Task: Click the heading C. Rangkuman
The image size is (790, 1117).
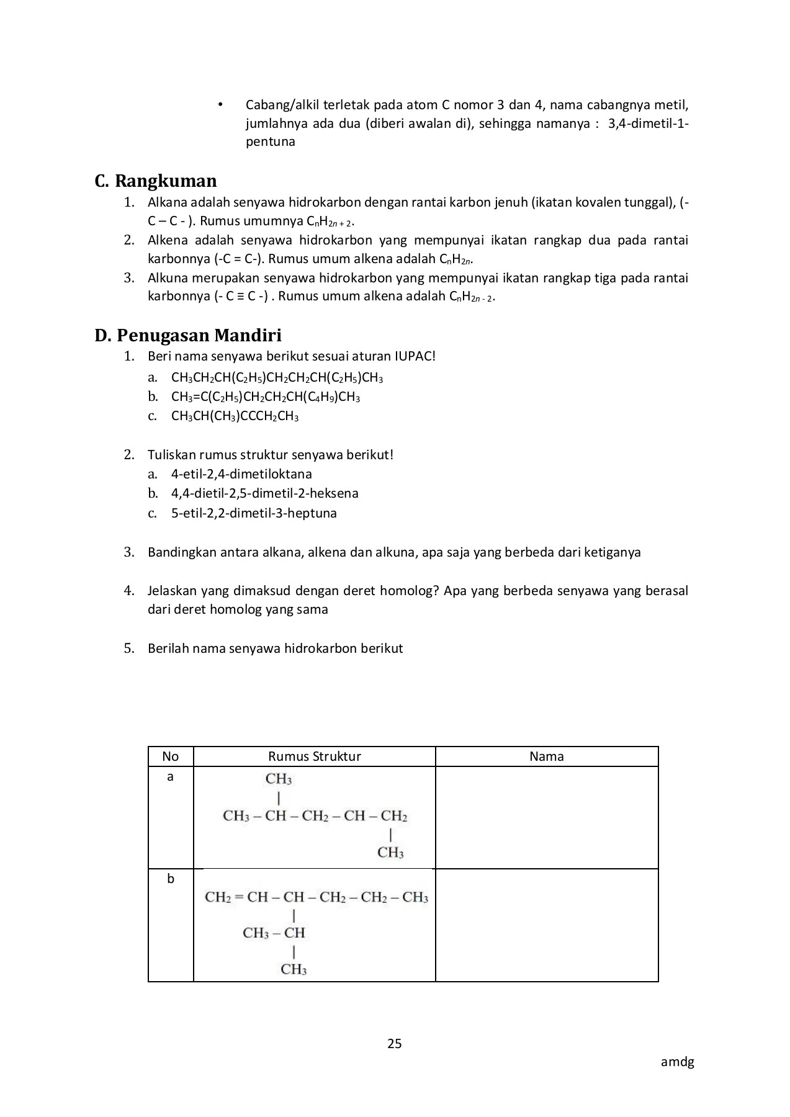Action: (x=156, y=181)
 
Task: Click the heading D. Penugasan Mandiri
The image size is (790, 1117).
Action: (x=188, y=336)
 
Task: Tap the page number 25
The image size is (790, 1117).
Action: (x=395, y=1043)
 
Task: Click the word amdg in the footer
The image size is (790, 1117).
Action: (x=677, y=1062)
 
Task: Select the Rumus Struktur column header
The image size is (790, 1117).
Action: (x=314, y=756)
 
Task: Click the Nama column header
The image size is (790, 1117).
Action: (x=546, y=756)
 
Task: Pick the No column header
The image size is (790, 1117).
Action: (x=170, y=756)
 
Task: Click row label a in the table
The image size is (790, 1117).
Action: (x=170, y=776)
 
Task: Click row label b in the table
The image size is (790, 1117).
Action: (x=171, y=879)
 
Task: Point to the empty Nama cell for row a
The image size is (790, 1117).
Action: (x=546, y=817)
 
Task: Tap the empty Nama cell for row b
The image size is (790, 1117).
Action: (x=546, y=925)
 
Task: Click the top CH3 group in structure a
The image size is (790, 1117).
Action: (x=279, y=779)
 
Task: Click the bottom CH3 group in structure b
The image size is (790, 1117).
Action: (x=294, y=969)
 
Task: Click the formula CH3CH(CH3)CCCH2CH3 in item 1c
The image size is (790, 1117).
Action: (x=235, y=416)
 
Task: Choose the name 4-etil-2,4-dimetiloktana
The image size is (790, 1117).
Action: (x=241, y=474)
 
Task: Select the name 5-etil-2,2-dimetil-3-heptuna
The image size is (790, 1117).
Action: (x=254, y=513)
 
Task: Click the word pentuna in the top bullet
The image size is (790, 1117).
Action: (x=270, y=141)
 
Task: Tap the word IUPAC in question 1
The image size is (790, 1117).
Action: (x=415, y=356)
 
